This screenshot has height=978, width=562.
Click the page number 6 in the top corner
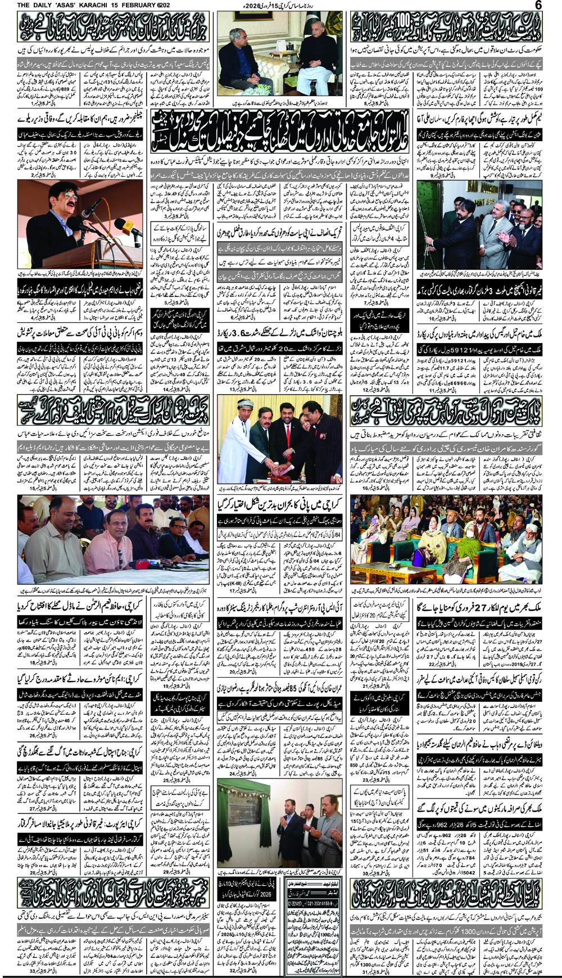click(x=538, y=5)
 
